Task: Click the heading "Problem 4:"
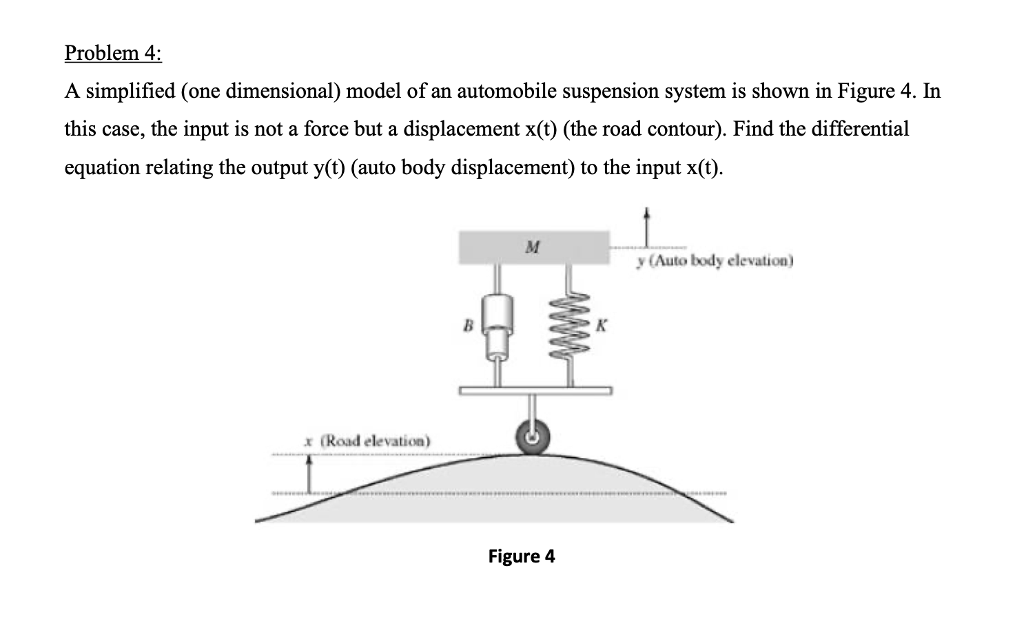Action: click(113, 53)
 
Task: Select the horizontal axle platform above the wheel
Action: click(535, 390)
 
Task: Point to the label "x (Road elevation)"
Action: click(368, 440)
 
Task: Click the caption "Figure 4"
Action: click(521, 556)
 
